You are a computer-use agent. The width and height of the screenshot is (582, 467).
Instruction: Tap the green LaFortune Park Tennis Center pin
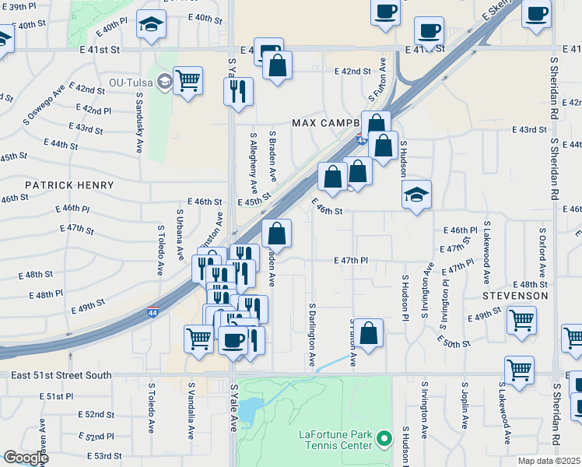383,441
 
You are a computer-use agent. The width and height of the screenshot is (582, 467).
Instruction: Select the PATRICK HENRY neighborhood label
69,185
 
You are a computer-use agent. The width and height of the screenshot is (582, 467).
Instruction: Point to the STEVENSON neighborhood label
515,297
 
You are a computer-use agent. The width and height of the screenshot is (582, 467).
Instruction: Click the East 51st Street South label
61,375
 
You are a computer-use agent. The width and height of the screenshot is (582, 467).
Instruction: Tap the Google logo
25,458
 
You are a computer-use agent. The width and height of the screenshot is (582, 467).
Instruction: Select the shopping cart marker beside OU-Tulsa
188,80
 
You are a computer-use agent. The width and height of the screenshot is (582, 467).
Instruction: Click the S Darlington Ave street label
311,335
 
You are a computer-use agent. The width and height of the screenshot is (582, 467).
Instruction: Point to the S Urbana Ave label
180,230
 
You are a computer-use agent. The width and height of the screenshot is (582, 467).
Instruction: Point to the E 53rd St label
103,455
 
